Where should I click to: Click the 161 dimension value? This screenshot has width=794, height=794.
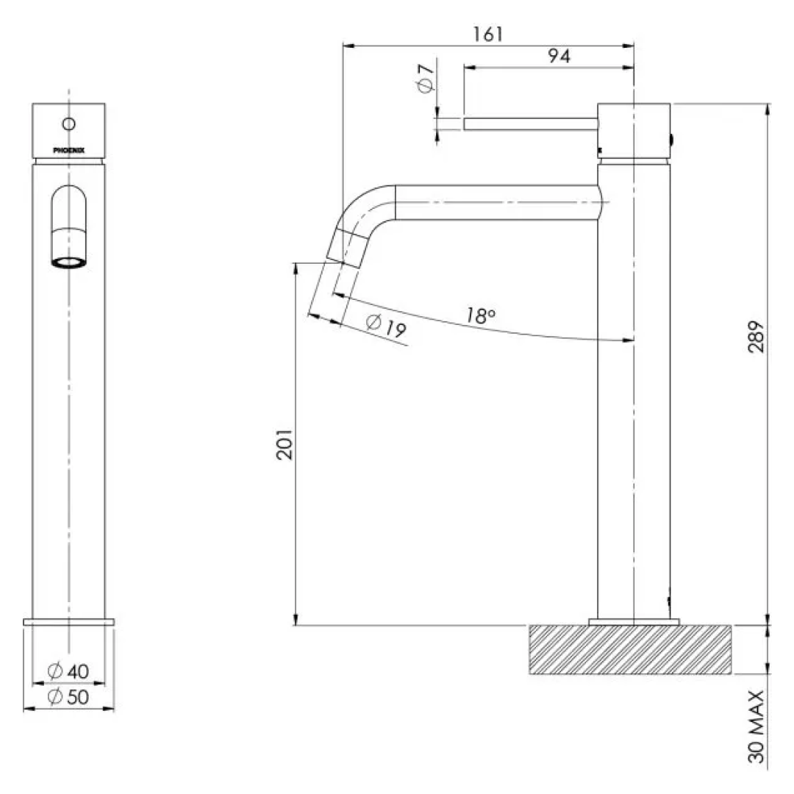pos(488,34)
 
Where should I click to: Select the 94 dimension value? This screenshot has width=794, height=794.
pos(559,56)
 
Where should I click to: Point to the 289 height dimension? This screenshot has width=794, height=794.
pos(756,337)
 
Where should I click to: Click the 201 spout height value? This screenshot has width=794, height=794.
pos(285,445)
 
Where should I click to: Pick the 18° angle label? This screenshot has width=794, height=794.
pos(480,315)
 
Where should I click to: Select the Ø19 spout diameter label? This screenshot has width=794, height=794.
pos(386,326)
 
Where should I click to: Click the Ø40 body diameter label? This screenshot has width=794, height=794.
pos(68,671)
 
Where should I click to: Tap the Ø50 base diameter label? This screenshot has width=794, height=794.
pos(68,697)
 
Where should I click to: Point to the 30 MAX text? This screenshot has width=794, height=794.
pos(756,726)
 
